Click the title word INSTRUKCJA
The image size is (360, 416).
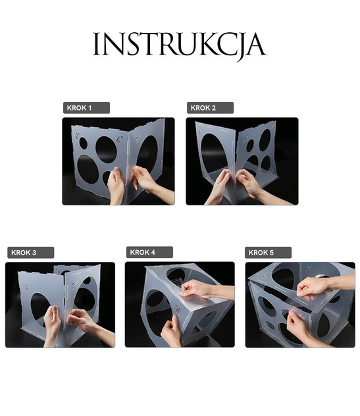coord(179,45)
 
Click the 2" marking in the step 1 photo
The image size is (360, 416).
coord(78,136)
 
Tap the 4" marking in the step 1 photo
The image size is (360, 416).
coord(120,140)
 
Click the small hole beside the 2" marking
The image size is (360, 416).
coord(84,143)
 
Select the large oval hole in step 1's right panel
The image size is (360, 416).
coord(147,154)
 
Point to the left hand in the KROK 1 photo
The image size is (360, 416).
coord(116,186)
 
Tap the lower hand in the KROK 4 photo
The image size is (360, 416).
coord(171,332)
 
